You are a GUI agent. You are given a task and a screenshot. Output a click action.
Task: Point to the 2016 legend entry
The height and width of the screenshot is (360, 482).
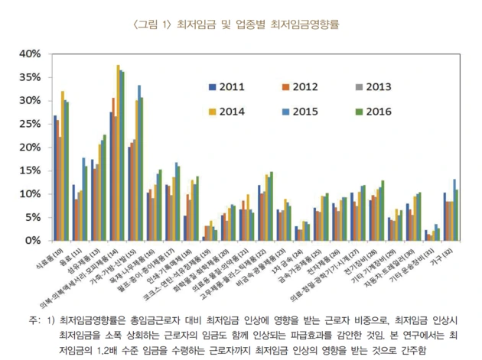tap(381, 111)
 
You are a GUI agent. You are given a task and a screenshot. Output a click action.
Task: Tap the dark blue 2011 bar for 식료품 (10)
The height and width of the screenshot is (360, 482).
tap(55, 178)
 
